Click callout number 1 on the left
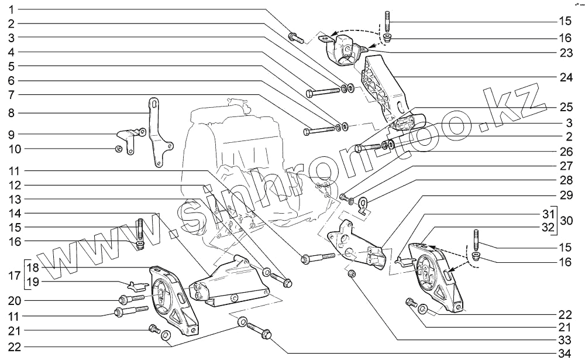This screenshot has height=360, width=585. pyautogui.click(x=11, y=9)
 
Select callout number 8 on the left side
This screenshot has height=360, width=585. pyautogui.click(x=11, y=113)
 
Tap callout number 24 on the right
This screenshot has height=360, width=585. pyautogui.click(x=566, y=77)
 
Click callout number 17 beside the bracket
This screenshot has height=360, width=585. pyautogui.click(x=14, y=276)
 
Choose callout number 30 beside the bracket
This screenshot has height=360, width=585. pyautogui.click(x=566, y=220)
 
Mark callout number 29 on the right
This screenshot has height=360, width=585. pyautogui.click(x=566, y=195)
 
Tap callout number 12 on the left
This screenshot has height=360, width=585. pyautogui.click(x=15, y=185)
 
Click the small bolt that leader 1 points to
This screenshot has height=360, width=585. pyautogui.click(x=297, y=37)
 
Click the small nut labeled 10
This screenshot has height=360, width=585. pyautogui.click(x=119, y=149)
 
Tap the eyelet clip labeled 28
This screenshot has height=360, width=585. pyautogui.click(x=363, y=204)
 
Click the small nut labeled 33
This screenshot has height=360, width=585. pyautogui.click(x=352, y=275)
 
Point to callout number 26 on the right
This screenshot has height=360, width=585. pyautogui.click(x=566, y=152)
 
